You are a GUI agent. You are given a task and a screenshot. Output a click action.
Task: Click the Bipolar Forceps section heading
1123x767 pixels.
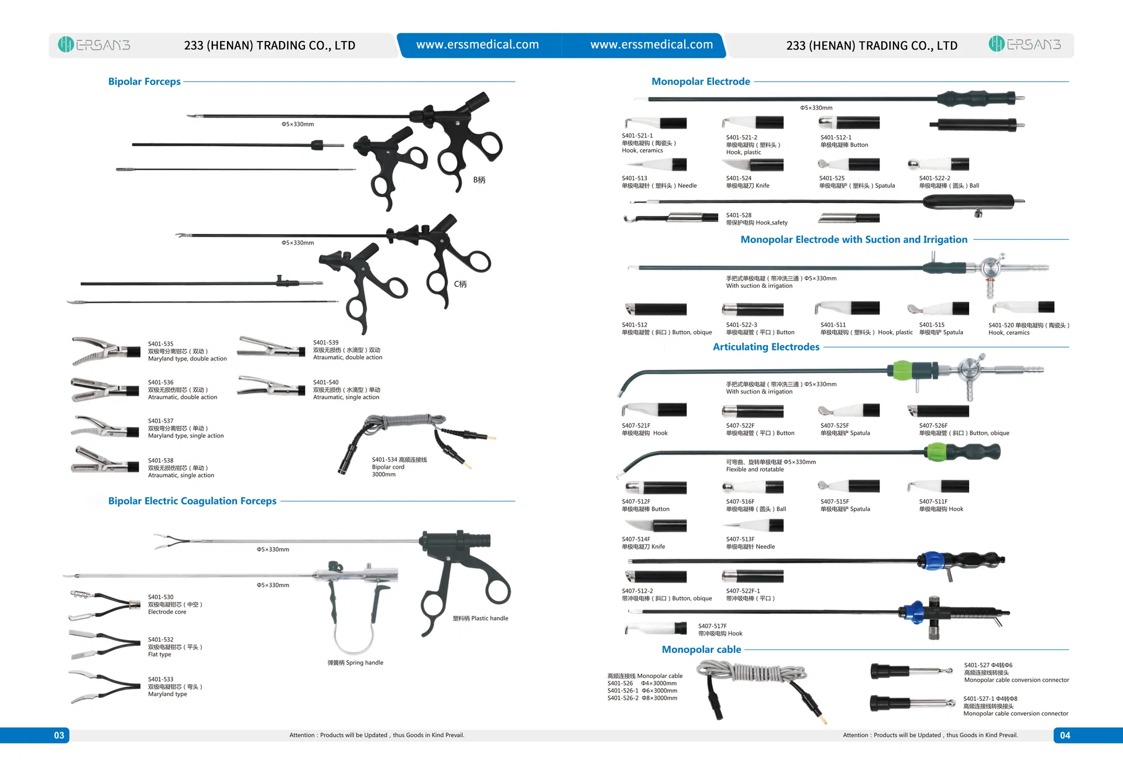(x=144, y=81)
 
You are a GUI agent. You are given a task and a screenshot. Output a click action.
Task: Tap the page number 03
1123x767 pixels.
(x=59, y=735)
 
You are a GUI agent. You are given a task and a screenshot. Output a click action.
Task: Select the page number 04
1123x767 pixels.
(x=1064, y=735)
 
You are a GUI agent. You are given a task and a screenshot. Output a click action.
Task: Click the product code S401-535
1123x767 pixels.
(x=160, y=344)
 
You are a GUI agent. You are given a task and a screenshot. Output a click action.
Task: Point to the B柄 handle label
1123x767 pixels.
(x=479, y=180)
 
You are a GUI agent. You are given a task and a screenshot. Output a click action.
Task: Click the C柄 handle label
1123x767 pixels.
(x=460, y=284)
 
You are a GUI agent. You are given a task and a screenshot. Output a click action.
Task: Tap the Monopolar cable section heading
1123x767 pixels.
(x=701, y=649)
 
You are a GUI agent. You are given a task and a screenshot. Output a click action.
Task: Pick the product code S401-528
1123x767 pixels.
(x=739, y=215)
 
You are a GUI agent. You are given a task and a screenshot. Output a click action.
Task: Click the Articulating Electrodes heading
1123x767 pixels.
(x=765, y=347)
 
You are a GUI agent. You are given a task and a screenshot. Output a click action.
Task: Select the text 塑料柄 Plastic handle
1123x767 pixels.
(x=480, y=618)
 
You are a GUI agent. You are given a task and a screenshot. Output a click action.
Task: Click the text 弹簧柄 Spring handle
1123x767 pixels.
(x=355, y=663)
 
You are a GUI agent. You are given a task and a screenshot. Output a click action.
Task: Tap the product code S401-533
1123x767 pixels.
(x=160, y=679)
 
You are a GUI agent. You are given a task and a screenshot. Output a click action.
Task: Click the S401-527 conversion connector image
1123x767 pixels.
(x=910, y=672)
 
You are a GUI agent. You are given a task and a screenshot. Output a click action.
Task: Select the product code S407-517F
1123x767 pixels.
(x=712, y=626)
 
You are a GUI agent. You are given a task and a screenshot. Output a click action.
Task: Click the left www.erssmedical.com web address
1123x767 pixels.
(x=478, y=44)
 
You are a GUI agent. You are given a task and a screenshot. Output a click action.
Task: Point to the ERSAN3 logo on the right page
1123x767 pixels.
(x=1025, y=44)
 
